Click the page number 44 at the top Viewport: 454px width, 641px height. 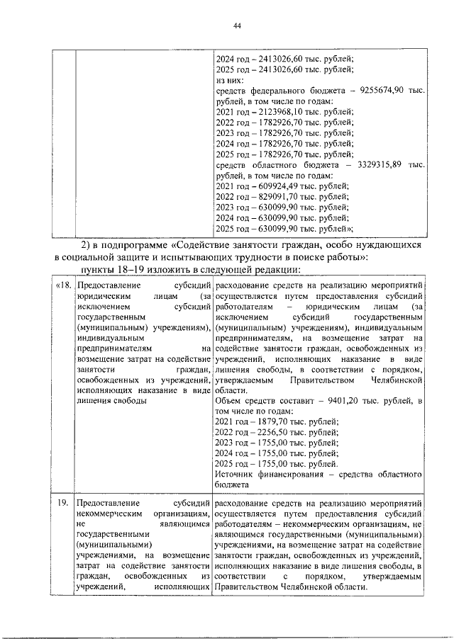coord(238,26)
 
